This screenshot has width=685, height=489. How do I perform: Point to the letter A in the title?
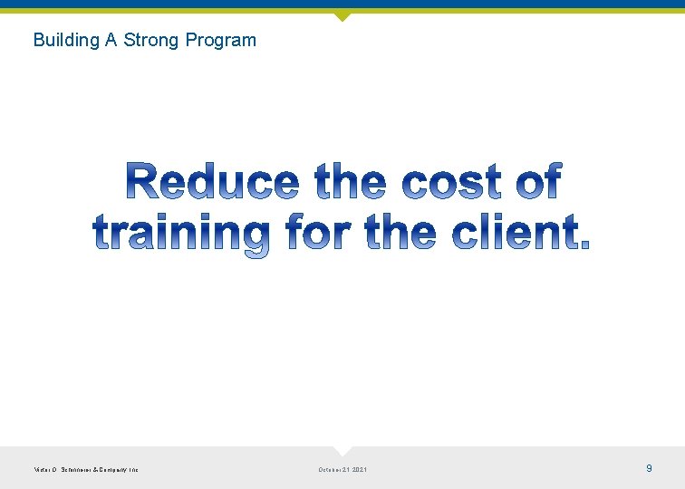pyautogui.click(x=109, y=40)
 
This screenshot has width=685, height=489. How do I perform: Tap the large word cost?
pyautogui.click(x=450, y=182)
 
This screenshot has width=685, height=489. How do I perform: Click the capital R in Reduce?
pyautogui.click(x=142, y=182)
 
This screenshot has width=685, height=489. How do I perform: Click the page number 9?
pyautogui.click(x=649, y=468)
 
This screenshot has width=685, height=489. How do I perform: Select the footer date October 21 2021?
pyautogui.click(x=342, y=469)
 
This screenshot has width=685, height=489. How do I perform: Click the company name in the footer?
pyautogui.click(x=86, y=469)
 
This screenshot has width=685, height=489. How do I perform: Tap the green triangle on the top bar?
pyautogui.click(x=342, y=16)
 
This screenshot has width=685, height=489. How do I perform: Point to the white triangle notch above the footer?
pyautogui.click(x=342, y=451)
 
